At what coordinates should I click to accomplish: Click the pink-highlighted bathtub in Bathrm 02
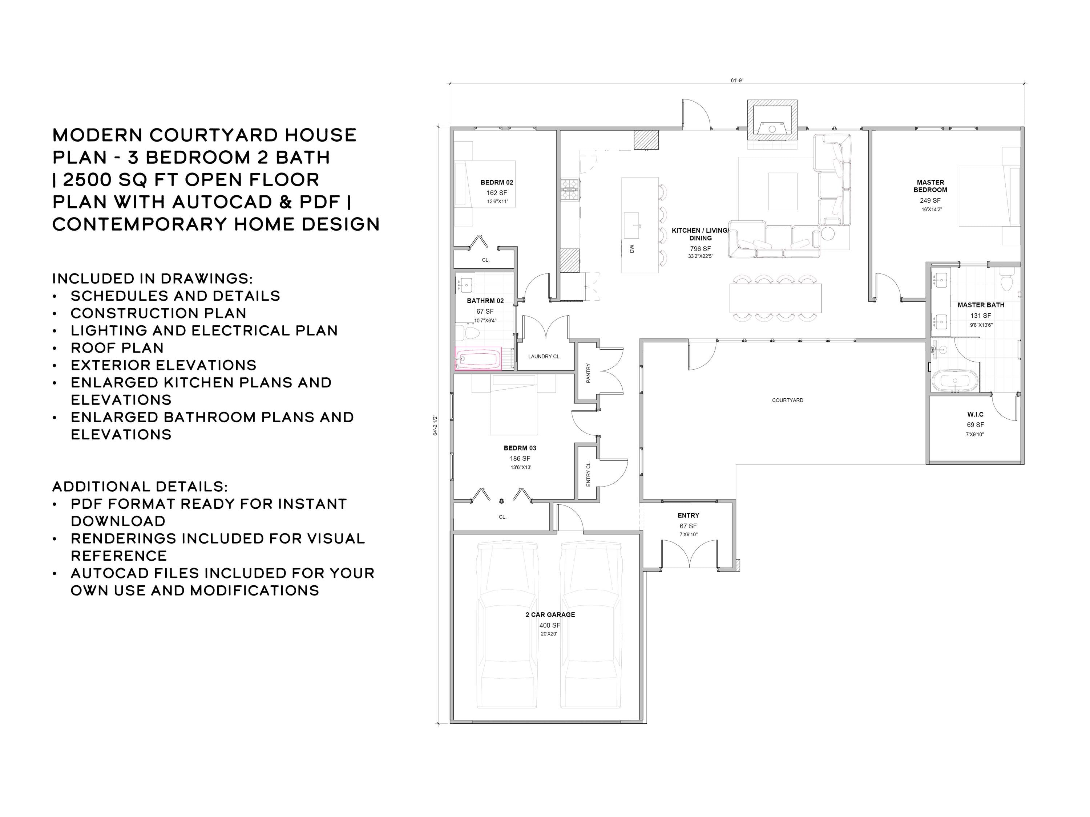click(x=477, y=358)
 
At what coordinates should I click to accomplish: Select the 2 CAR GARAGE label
click(x=550, y=615)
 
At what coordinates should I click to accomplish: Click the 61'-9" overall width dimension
click(x=737, y=80)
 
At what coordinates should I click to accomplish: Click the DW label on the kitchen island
click(x=632, y=249)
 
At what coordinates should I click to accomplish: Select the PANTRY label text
click(x=588, y=373)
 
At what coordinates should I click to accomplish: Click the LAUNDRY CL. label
click(x=544, y=356)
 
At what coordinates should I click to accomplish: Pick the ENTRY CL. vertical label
click(x=588, y=474)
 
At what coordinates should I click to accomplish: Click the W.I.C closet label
click(x=975, y=414)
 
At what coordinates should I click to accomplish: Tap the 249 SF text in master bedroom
click(x=930, y=200)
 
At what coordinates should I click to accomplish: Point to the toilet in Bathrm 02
click(x=470, y=333)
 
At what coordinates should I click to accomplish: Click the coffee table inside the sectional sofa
click(x=783, y=191)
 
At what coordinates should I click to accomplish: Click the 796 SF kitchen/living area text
click(x=700, y=249)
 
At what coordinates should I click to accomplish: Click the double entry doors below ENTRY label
click(x=689, y=554)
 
